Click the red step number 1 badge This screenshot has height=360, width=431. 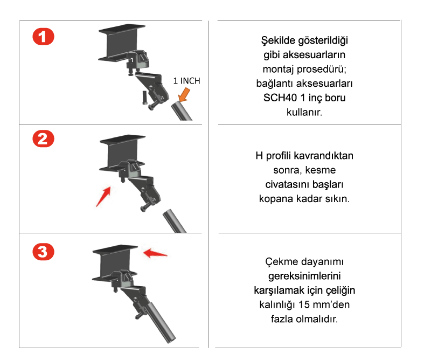click(x=44, y=37)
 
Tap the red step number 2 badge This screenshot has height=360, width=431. click(x=44, y=139)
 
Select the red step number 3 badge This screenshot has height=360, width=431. click(x=44, y=252)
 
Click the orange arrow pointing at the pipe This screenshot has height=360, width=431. click(x=184, y=95)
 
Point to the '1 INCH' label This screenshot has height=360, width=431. click(x=186, y=81)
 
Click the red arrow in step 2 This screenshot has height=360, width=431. click(x=103, y=196)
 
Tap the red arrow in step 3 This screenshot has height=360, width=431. click(x=155, y=253)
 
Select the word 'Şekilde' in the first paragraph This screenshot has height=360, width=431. click(x=277, y=41)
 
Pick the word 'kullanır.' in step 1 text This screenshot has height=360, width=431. click(x=304, y=112)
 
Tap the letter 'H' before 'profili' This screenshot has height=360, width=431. click(x=259, y=156)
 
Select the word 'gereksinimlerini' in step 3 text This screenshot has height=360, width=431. click(x=304, y=276)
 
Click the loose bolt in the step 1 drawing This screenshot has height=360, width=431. click(x=145, y=98)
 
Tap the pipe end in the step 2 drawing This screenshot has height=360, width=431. click(x=168, y=212)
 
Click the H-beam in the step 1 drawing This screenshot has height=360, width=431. click(x=122, y=42)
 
